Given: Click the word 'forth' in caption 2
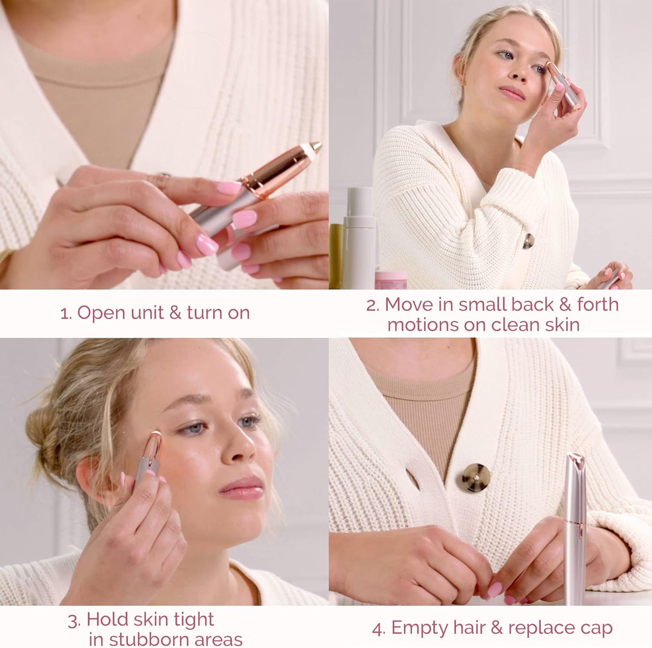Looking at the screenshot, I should tap(598, 304).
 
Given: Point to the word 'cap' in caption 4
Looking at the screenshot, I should tap(596, 628).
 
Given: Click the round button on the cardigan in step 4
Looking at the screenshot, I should tap(475, 477).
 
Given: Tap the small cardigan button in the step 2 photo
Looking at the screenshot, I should tap(528, 240).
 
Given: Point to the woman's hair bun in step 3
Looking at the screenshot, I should tap(41, 439).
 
